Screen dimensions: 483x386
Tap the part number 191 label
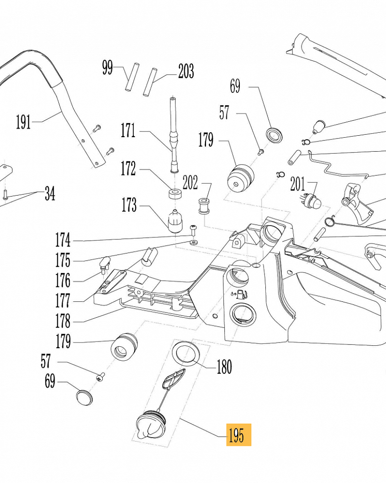(x=23, y=122)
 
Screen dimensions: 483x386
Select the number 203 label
(x=186, y=71)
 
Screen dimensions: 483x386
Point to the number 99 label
(x=107, y=68)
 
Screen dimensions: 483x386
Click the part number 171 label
(x=128, y=130)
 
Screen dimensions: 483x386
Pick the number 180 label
(x=224, y=367)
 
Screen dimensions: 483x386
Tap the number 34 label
(x=49, y=194)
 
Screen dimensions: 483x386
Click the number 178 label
(x=63, y=321)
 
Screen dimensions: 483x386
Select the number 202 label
(x=190, y=183)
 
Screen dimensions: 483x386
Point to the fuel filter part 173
(x=175, y=221)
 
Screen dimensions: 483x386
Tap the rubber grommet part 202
(x=204, y=207)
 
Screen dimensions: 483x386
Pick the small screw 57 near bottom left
(x=101, y=376)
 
